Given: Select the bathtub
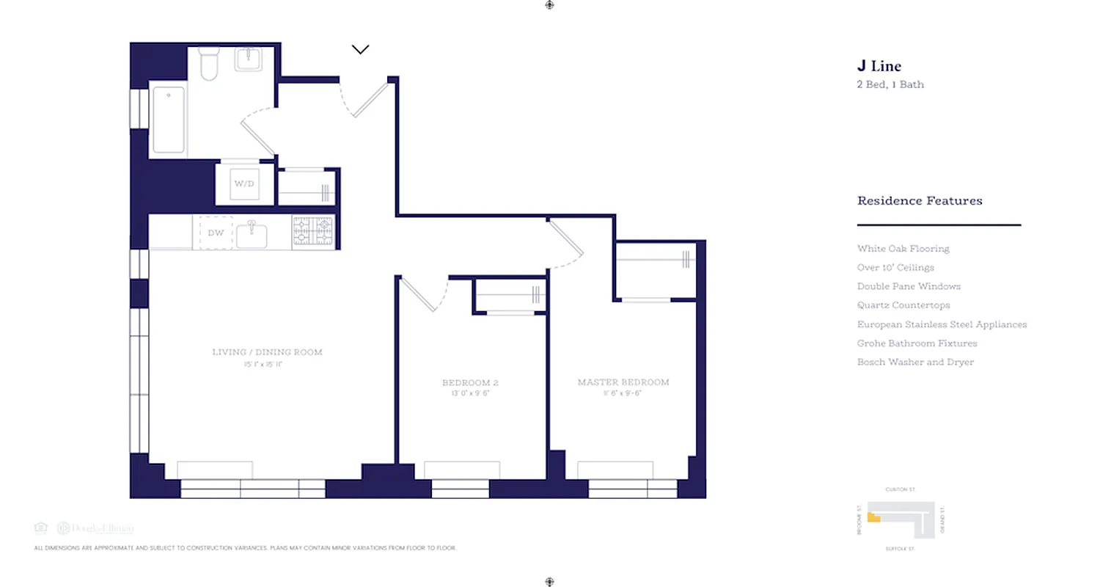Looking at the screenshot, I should tap(168, 120).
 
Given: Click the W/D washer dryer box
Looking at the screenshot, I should tap(244, 183).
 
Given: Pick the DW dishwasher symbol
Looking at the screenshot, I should tap(216, 233).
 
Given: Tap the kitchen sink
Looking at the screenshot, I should tap(251, 234).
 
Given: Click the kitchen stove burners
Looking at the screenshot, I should tap(312, 230).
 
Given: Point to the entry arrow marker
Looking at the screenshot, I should tap(360, 50).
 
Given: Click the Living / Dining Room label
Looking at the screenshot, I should tap(267, 352).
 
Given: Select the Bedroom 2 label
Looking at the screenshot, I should tap(471, 383).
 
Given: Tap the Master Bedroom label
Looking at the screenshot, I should tap(623, 382).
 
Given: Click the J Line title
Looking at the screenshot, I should tap(879, 67).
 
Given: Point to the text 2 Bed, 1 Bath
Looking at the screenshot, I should tap(890, 84).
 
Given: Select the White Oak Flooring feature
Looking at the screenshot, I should tap(903, 249).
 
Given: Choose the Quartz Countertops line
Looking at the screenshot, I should tap(903, 305).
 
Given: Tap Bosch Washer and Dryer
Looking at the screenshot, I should tap(915, 362).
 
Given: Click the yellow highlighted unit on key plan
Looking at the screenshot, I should tap(873, 517).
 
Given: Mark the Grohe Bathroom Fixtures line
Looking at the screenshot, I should tap(917, 343).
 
